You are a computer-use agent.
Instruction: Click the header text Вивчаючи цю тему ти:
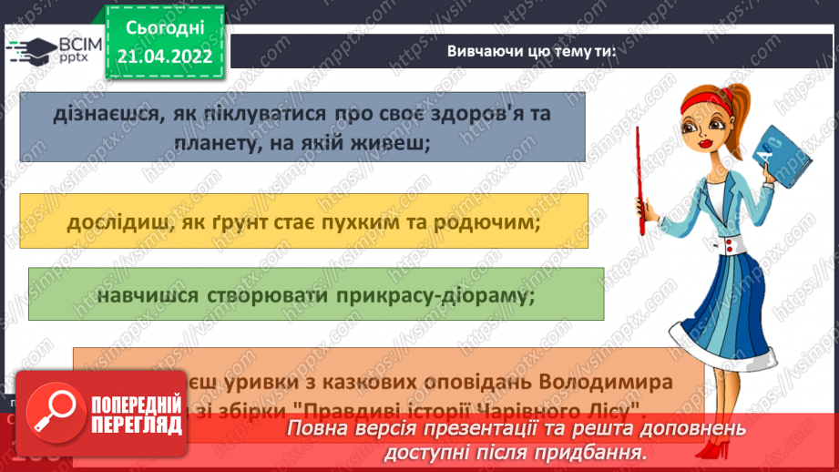click(x=530, y=51)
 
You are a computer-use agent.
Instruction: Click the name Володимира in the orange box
click(x=615, y=378)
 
